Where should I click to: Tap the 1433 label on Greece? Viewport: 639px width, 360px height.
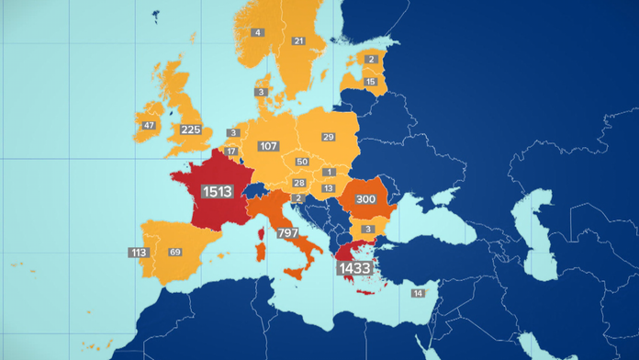click(354, 268)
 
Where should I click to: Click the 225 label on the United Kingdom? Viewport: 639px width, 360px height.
click(191, 129)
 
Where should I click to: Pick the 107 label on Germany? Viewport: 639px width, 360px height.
click(269, 146)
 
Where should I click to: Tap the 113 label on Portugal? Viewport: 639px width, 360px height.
click(139, 252)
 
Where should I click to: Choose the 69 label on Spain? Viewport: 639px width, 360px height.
click(175, 252)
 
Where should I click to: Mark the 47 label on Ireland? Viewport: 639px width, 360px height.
click(149, 126)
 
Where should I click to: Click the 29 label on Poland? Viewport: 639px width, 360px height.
click(328, 137)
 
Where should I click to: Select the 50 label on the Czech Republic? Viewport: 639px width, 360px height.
click(301, 162)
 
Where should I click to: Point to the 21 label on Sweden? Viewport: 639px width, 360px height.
click(298, 41)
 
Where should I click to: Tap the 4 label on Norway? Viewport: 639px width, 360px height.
click(258, 33)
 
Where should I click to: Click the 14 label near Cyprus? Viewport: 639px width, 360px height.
click(418, 293)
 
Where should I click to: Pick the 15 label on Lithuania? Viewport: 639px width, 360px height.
click(371, 82)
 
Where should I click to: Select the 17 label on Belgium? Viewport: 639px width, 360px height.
click(231, 152)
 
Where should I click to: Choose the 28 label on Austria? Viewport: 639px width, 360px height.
click(299, 183)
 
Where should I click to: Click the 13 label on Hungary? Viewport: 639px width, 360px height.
click(329, 187)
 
